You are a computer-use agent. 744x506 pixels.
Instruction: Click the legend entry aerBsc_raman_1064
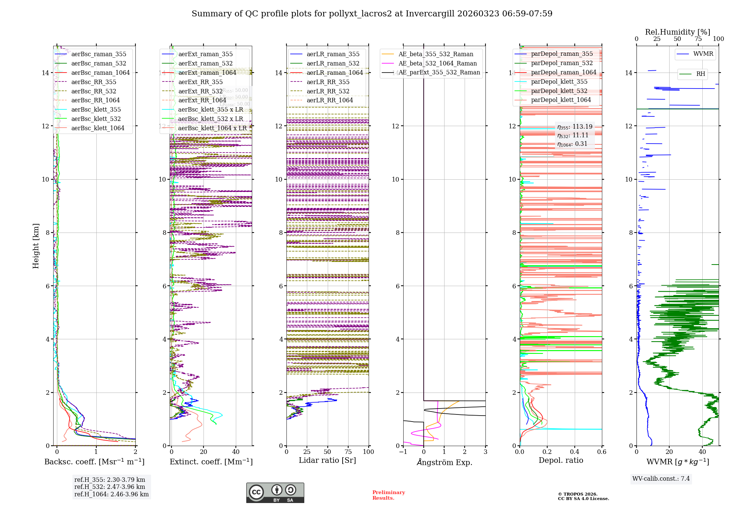point(100,73)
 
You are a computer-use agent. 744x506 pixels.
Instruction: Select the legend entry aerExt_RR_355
point(201,82)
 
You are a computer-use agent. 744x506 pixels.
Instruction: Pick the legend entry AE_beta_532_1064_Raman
point(437,64)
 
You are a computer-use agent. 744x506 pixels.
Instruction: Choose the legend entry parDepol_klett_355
point(559,82)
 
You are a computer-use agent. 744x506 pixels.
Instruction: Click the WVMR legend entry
point(703,54)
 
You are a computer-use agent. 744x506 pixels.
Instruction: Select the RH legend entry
point(700,74)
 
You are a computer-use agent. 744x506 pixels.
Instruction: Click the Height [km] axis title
point(36,246)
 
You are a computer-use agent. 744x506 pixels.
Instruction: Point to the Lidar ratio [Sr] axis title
point(327,461)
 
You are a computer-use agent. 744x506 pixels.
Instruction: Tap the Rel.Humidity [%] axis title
point(677,32)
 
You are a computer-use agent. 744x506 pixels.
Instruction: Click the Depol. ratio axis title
point(561,461)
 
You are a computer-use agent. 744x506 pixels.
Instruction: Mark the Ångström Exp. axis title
point(444,462)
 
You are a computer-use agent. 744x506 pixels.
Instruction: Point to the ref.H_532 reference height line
point(110,487)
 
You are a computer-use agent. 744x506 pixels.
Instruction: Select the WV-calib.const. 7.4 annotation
point(661,479)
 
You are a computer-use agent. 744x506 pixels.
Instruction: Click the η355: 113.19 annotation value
point(575,127)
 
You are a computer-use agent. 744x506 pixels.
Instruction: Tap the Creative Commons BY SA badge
point(275,493)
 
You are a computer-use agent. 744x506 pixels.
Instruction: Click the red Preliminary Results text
point(388,495)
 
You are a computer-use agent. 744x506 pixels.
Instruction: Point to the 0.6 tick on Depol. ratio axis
point(602,452)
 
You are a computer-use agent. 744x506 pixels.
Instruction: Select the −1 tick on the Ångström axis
point(403,452)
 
